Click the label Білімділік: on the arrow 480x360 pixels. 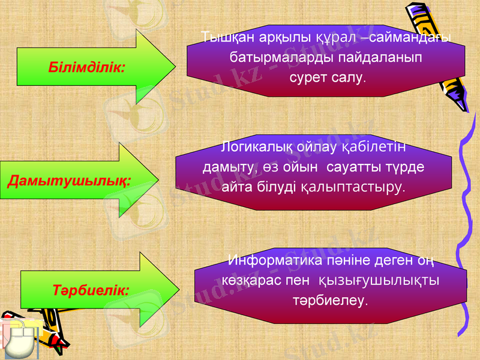(87, 67)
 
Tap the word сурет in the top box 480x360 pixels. (308, 78)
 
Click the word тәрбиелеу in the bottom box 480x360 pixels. (330, 299)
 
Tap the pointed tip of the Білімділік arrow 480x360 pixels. (173, 67)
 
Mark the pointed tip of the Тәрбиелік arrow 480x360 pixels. (178, 289)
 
